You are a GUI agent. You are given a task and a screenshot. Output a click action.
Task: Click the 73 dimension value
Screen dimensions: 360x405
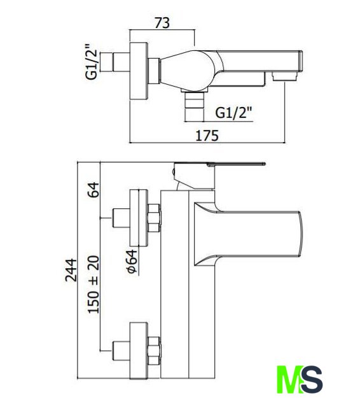tap(162, 23)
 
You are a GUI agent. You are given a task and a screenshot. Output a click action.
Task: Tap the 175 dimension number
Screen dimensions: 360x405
tap(207, 136)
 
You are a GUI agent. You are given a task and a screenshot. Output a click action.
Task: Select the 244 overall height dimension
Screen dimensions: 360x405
tap(71, 270)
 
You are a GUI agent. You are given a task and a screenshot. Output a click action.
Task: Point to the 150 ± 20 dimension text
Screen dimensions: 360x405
tap(93, 285)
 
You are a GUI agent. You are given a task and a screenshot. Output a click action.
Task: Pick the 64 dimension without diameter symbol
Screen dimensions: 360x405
tap(93, 190)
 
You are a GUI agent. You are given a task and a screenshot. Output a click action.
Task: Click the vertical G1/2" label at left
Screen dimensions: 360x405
tap(92, 62)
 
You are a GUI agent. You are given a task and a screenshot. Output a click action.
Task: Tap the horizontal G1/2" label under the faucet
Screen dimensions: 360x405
tap(233, 113)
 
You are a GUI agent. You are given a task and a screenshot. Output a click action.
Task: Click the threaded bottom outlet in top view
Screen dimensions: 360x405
tap(194, 106)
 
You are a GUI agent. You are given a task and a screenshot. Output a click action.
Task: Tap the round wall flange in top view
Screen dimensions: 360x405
tap(139, 71)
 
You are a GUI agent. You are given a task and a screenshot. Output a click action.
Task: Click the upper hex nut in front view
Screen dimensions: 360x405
tap(154, 218)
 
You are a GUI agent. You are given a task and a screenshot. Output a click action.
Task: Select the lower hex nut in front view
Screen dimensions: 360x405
tap(154, 351)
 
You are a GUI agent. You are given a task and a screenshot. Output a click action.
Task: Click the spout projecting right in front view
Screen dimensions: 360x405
tap(248, 234)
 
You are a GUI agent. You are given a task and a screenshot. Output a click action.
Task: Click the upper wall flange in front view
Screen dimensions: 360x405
tap(139, 218)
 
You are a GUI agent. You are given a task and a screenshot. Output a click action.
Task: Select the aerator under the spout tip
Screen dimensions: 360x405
tap(285, 76)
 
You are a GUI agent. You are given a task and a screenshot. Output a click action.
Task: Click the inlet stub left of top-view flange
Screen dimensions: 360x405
tap(115, 62)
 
